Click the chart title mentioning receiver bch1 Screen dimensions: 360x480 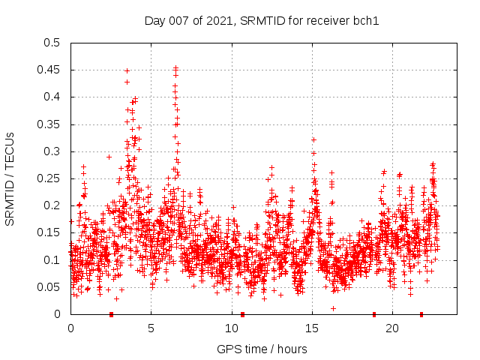click(262, 20)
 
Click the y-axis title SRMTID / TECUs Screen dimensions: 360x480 click(10, 178)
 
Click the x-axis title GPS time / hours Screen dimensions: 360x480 click(262, 349)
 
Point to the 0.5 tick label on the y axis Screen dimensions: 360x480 click(52, 43)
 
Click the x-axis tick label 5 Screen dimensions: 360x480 click(151, 328)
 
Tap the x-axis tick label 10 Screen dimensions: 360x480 click(232, 328)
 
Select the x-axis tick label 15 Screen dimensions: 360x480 click(312, 328)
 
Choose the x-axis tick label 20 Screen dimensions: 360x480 click(392, 328)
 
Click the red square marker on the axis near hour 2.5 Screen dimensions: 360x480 click(111, 314)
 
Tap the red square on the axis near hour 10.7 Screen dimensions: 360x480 click(242, 314)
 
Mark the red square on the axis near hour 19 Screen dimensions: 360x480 click(374, 314)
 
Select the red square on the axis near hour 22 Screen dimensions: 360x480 click(421, 314)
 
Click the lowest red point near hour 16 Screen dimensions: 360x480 click(333, 308)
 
